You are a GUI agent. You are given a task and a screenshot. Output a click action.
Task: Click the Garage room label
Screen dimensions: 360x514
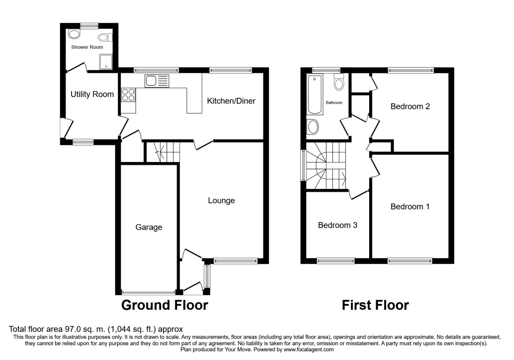click(149, 227)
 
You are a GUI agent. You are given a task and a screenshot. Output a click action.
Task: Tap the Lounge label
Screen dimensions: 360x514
click(221, 201)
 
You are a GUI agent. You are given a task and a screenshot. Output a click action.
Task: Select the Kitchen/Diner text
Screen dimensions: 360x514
click(231, 101)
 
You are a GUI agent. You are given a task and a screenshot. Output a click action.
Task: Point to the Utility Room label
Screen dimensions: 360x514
click(92, 94)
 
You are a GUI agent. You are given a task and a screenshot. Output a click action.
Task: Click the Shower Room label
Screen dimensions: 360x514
click(87, 47)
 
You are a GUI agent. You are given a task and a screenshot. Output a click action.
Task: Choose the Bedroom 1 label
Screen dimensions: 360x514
click(410, 207)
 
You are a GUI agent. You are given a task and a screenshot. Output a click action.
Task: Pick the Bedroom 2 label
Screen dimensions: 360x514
click(410, 107)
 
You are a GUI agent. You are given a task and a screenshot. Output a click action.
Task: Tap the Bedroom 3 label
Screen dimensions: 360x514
click(338, 225)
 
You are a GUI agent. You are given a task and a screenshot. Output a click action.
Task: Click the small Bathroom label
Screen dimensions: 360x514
click(334, 103)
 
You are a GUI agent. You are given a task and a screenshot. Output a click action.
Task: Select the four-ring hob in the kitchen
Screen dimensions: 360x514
click(128, 95)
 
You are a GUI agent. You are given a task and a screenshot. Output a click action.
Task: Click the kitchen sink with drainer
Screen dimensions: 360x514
click(157, 81)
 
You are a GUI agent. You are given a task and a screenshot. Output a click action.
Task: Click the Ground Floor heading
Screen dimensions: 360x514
click(164, 305)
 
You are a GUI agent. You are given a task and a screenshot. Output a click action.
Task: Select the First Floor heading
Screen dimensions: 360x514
click(375, 305)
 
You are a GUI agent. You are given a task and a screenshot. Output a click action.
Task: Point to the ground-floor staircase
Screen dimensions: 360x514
click(162, 152)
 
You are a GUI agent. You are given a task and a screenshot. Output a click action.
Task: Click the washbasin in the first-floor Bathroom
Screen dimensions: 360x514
click(313, 127)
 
